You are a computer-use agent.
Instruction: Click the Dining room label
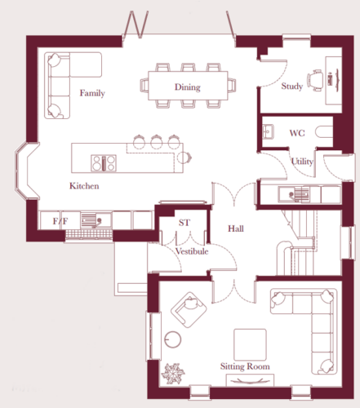pos(188,87)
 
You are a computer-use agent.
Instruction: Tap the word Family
pos(92,93)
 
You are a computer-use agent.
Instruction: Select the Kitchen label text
pos(84,186)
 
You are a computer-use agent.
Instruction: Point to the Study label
pos(292,86)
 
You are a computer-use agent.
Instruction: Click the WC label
pos(297,133)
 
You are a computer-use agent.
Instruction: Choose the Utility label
pos(302,162)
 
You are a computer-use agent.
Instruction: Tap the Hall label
pos(236,228)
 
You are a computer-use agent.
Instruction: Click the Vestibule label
pos(192,251)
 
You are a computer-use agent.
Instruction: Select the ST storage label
pos(184,223)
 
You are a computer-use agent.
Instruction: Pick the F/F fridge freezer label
pos(60,221)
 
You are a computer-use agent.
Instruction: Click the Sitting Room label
pos(245,366)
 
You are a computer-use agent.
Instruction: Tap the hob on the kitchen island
pos(104,163)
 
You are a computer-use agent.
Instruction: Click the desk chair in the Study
pos(315,80)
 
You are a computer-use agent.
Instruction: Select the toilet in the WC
pos(324,132)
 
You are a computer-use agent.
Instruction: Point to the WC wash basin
pos(268,131)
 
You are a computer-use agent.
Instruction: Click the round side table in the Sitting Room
pos(173,339)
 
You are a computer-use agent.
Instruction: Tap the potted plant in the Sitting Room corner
pos(173,374)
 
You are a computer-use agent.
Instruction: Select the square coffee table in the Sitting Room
pos(250,344)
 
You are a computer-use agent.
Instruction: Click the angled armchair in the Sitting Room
pos(189,309)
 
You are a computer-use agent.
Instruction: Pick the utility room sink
pos(294,194)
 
